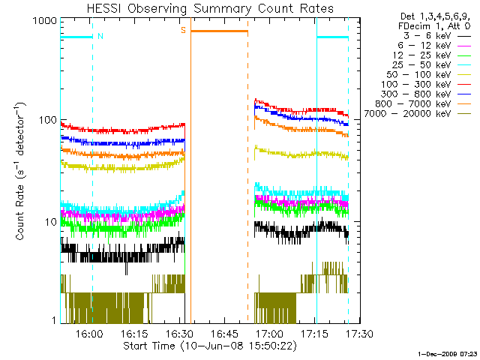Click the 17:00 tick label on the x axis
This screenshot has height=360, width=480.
pyautogui.click(x=269, y=333)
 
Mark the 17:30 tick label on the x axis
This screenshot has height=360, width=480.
pyautogui.click(x=359, y=333)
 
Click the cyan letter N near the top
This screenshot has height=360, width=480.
pyautogui.click(x=100, y=35)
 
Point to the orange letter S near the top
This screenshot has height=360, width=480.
pyautogui.click(x=183, y=31)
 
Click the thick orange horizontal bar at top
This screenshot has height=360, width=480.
pyautogui.click(x=219, y=31)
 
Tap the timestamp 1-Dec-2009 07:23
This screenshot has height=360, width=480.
pyautogui.click(x=447, y=352)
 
